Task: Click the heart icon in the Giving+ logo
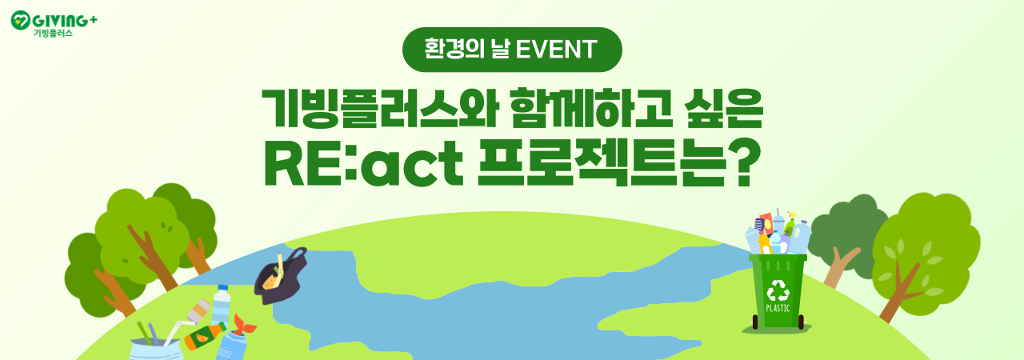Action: (x=21, y=20)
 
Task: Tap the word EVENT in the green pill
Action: (x=556, y=50)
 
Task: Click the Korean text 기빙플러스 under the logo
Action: (x=53, y=33)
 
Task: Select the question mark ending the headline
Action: (x=745, y=163)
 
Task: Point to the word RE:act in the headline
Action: (x=363, y=163)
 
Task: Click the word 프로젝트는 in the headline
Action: (x=601, y=163)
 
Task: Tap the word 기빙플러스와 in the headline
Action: (x=379, y=108)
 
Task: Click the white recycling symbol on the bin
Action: (x=778, y=290)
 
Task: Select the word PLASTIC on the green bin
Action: (x=778, y=308)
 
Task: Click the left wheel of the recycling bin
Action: (x=755, y=322)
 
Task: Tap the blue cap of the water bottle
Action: (x=222, y=288)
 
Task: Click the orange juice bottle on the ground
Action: (x=206, y=336)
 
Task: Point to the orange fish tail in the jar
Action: (x=245, y=324)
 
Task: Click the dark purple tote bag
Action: (x=280, y=276)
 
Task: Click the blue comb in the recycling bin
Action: (x=759, y=226)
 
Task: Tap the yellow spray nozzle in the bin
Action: (x=792, y=215)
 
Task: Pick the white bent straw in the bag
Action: (x=177, y=330)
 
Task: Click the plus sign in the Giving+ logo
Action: (x=93, y=20)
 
